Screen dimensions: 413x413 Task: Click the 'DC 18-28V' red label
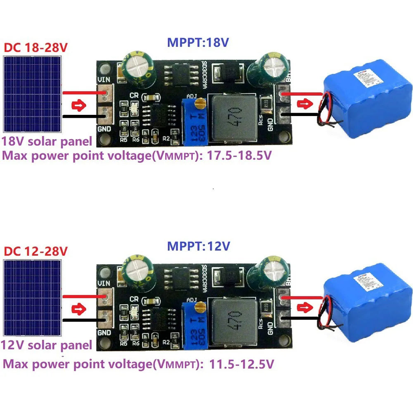(36, 47)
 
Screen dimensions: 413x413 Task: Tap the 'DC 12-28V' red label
(36, 251)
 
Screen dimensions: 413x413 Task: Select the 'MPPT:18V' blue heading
(198, 42)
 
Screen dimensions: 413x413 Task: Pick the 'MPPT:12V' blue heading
(198, 246)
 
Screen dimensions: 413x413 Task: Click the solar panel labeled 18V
(32, 95)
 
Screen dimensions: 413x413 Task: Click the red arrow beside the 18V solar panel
(78, 105)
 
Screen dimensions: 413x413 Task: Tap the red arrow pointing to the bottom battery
(306, 307)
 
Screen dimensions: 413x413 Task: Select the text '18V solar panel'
(47, 141)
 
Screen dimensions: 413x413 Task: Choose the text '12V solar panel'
(47, 345)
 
